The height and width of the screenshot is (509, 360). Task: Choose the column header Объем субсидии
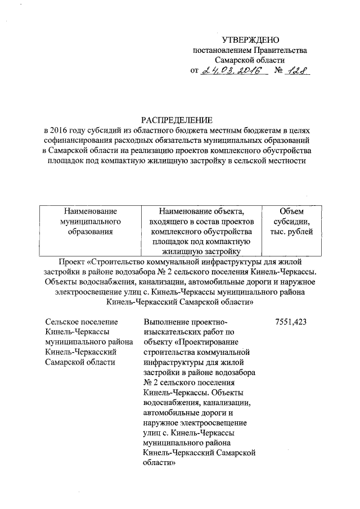tap(291, 221)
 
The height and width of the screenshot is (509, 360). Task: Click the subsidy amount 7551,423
tap(291, 322)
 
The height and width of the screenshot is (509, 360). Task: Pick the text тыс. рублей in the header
tap(291, 231)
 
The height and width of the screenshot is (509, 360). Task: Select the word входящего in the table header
tap(169, 221)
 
